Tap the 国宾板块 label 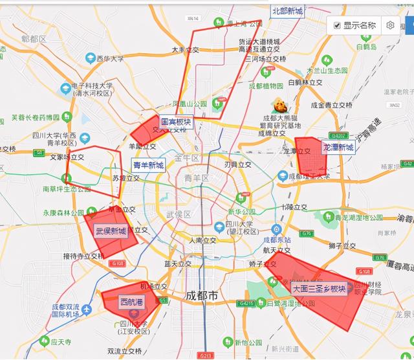176,122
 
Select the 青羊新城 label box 148,165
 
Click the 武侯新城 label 111,231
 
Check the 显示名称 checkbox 338,25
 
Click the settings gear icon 391,25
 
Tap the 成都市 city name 202,295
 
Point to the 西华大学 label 110,58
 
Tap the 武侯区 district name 178,214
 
